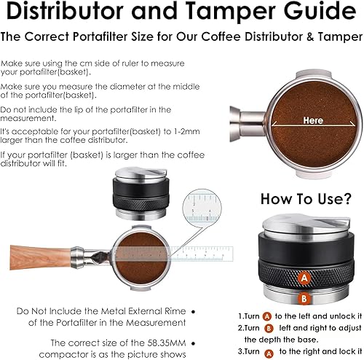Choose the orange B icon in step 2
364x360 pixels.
(269, 328)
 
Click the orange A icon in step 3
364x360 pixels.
(269, 351)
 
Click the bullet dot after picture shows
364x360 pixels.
(192, 353)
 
